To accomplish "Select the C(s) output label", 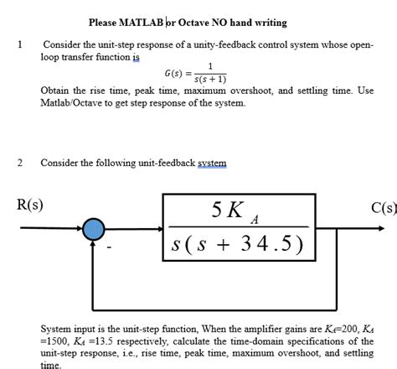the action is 380,205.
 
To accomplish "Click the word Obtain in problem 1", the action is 55,91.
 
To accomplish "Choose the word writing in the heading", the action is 302,22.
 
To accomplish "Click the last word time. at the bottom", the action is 51,365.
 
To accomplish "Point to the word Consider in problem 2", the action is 60,163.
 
